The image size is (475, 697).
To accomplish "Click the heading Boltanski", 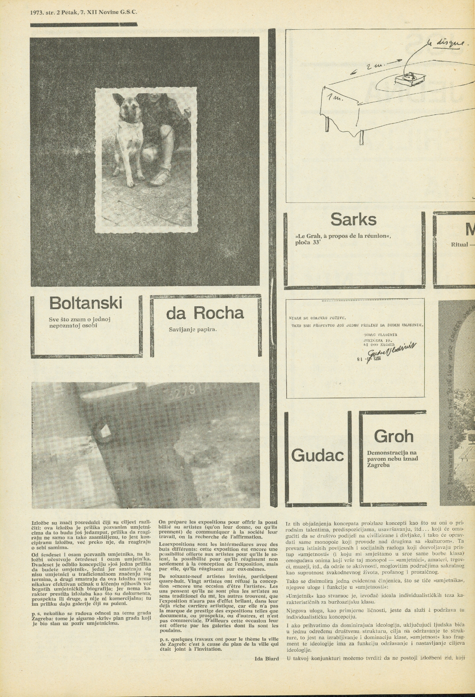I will [86, 303].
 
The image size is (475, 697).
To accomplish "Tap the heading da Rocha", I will [205, 313].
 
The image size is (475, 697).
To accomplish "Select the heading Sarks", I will [353, 219].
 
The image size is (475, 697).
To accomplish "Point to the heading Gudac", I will [317, 455].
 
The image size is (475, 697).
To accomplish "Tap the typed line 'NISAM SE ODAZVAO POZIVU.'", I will [317, 318].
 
